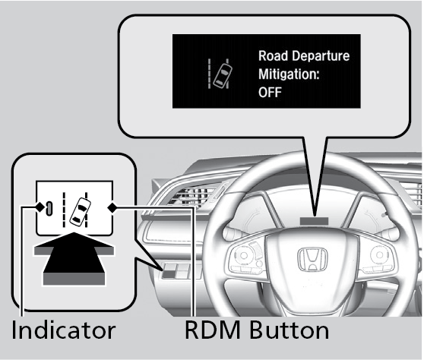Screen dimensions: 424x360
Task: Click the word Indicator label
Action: (64, 330)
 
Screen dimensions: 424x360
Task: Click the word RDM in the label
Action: (213, 330)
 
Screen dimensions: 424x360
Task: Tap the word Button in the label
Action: (289, 330)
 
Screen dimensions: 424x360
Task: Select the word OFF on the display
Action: (270, 93)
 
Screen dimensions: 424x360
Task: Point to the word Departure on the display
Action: (321, 56)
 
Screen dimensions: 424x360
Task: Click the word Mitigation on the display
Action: (289, 74)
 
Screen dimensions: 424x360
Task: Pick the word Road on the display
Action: (273, 55)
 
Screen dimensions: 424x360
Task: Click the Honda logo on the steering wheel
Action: (312, 259)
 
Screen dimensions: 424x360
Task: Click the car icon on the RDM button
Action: (81, 211)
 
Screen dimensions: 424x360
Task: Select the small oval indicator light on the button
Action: (49, 208)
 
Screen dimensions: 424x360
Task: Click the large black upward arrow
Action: (74, 259)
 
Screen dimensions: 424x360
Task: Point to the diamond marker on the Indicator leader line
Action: (40, 207)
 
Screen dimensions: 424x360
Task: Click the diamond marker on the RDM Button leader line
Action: (112, 208)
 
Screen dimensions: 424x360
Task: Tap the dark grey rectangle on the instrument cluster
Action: (314, 221)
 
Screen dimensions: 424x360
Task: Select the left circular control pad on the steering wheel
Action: (244, 255)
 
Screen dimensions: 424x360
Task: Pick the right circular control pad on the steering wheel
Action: (379, 254)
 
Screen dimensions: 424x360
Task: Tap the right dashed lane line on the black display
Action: (228, 74)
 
